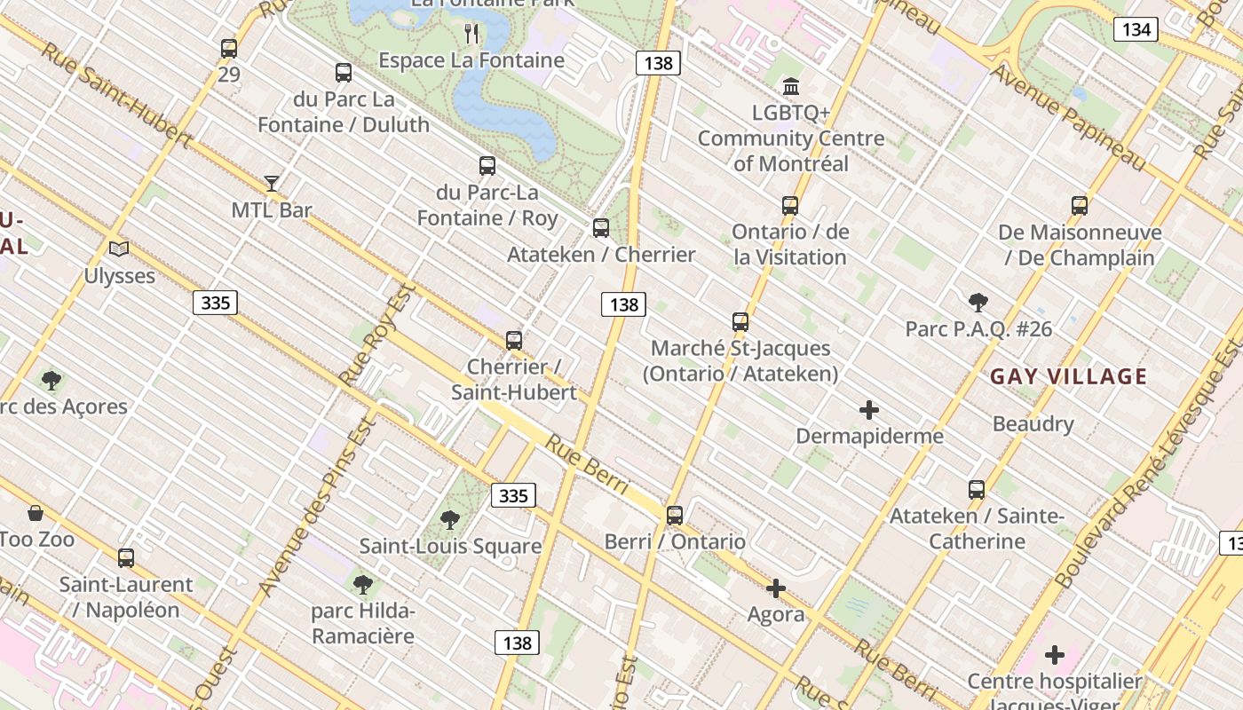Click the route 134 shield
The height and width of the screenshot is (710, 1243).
1136,29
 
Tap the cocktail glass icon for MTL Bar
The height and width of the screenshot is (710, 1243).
272,184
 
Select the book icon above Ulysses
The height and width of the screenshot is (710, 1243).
119,249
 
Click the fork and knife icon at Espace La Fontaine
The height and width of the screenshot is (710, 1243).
471,34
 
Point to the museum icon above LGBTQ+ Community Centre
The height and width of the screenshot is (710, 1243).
790,87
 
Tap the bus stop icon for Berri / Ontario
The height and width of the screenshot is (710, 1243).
674,515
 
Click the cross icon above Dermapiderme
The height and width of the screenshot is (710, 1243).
869,410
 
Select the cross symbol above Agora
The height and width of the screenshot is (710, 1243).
776,588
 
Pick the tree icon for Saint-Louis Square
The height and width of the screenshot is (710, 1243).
450,519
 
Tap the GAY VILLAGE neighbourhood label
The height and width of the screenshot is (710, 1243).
1069,376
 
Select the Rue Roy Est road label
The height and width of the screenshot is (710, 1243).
377,335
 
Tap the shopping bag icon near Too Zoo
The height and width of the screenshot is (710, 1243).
36,513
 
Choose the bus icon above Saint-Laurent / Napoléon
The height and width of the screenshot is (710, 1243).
126,557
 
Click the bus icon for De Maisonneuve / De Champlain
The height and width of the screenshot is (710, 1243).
1080,206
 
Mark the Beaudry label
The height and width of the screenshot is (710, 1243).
1033,423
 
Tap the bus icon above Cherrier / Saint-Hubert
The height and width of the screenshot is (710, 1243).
514,340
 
